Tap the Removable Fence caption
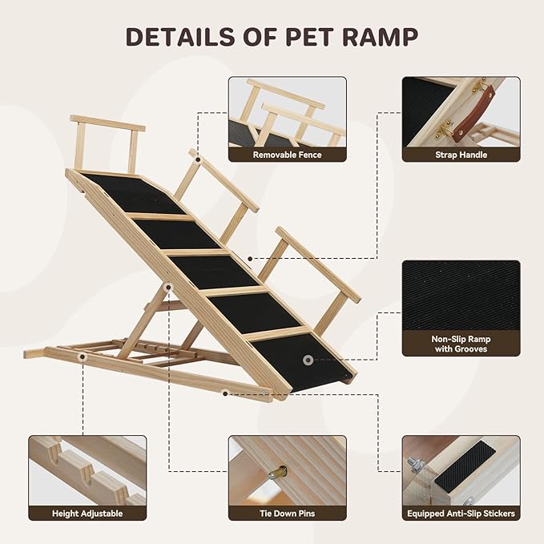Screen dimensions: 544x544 [287, 155]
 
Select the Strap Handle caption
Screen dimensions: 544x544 [461, 155]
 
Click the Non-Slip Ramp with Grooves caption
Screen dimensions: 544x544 [461, 345]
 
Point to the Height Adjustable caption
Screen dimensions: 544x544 [87, 513]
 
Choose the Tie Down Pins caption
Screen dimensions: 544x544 [287, 513]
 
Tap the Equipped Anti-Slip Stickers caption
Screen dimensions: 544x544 [461, 513]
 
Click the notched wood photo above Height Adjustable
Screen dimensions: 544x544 [87, 469]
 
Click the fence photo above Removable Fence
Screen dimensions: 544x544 [287, 112]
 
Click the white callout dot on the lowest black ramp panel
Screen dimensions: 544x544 [308, 361]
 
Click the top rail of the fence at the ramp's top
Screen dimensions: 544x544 [107, 123]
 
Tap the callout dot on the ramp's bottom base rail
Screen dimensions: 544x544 [226, 393]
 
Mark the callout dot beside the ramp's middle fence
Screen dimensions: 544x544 [251, 258]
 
